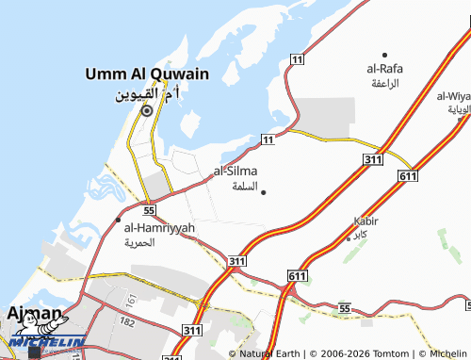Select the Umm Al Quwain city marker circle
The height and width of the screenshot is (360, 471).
(146, 110)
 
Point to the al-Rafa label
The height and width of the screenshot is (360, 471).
(384, 69)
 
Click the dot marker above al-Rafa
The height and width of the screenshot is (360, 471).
(384, 55)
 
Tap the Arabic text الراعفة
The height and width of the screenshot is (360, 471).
(384, 83)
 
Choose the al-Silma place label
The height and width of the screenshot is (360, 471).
(235, 171)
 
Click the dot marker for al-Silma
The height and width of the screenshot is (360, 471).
(263, 192)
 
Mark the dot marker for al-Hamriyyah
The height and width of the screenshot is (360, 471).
(118, 220)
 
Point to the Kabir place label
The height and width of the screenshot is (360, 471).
(365, 221)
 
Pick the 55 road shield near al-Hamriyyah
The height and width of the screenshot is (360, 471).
(149, 209)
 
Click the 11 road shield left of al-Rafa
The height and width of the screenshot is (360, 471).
(297, 59)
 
